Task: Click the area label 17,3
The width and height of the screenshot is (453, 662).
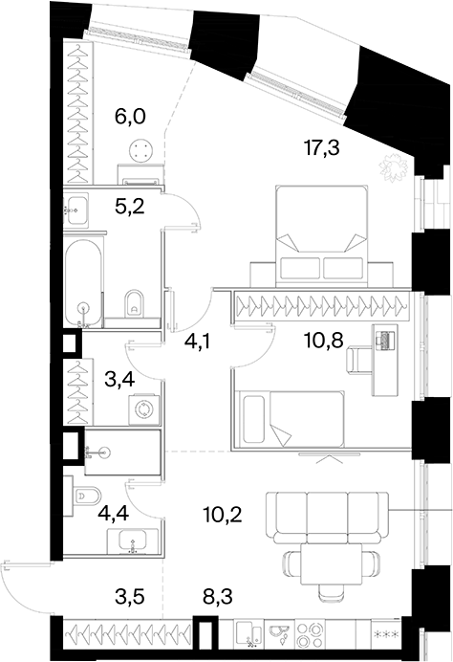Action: (321, 148)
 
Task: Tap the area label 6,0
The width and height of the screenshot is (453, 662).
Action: (130, 116)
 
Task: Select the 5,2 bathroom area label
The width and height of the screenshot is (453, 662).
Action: (129, 207)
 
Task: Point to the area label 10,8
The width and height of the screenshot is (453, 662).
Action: (321, 339)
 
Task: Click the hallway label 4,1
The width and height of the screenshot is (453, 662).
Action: (197, 342)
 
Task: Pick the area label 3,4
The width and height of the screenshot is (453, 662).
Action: (119, 379)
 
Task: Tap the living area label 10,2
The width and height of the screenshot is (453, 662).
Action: (222, 515)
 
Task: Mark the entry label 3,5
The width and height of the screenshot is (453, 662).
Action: (130, 598)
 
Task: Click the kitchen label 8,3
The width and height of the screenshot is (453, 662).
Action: (217, 598)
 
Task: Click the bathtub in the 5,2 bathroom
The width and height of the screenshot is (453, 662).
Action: (83, 283)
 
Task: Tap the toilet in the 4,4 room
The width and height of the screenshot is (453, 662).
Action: (86, 497)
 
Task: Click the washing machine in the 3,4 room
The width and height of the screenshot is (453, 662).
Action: (144, 409)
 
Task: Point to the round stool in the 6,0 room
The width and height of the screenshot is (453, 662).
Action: (140, 151)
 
